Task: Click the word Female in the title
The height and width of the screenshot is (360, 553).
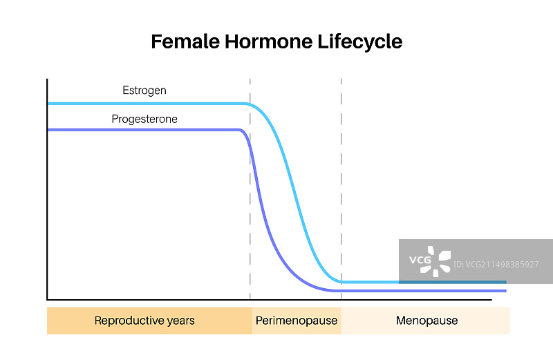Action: click(x=185, y=41)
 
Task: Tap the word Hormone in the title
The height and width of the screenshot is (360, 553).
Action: click(x=269, y=41)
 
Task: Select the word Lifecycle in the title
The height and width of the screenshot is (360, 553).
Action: click(x=360, y=42)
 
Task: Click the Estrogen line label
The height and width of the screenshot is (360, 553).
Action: click(x=144, y=91)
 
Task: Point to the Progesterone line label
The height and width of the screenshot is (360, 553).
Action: click(x=144, y=119)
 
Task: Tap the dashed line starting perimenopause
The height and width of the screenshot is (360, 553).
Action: click(x=250, y=189)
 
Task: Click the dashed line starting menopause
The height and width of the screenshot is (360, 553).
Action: click(x=341, y=189)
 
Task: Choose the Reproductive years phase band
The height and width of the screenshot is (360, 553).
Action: click(x=149, y=321)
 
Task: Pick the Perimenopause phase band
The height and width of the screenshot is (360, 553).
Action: click(x=297, y=321)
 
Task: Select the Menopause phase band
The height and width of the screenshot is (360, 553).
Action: click(x=425, y=321)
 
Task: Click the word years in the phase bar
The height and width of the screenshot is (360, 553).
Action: click(x=181, y=321)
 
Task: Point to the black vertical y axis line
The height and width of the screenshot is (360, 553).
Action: click(x=47, y=189)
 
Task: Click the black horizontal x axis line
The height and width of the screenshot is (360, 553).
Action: click(x=270, y=300)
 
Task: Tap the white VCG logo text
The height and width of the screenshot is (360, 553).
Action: click(x=420, y=260)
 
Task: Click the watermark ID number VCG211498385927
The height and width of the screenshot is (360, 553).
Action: click(x=496, y=265)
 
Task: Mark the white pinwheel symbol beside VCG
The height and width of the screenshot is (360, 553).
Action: click(x=436, y=261)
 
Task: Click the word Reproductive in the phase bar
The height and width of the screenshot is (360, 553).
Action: click(x=129, y=321)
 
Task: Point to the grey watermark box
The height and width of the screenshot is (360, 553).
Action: click(x=476, y=261)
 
